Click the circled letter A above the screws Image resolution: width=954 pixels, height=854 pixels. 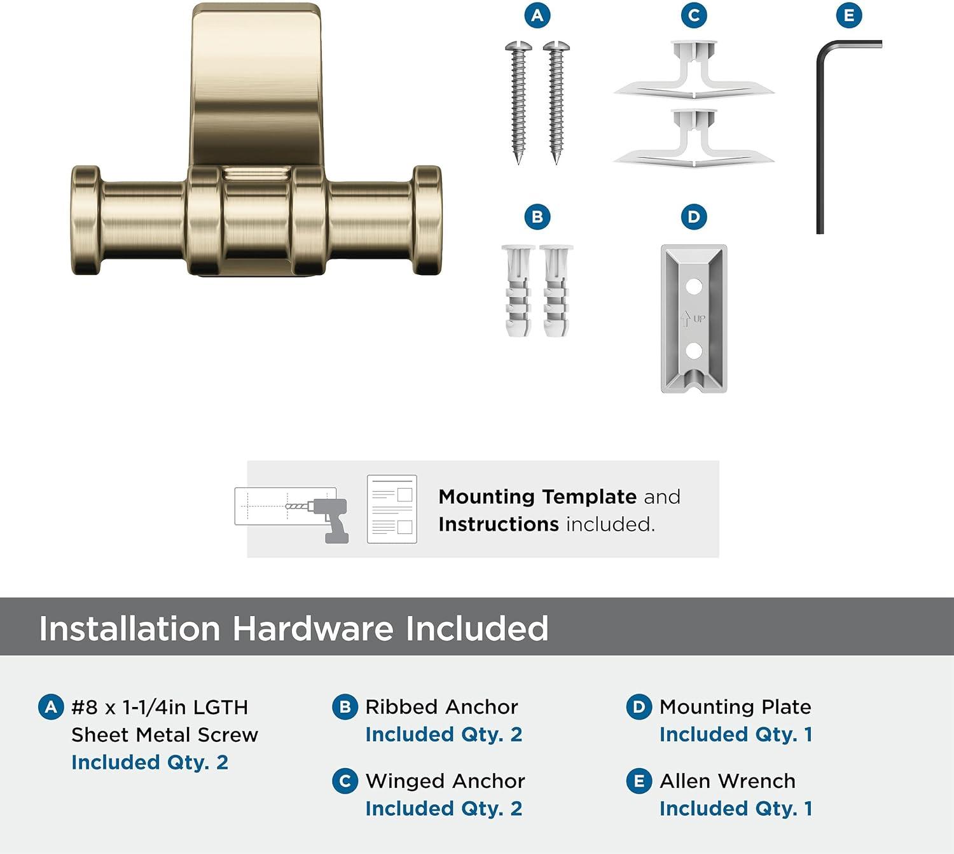537,15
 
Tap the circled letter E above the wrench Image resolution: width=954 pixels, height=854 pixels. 849,15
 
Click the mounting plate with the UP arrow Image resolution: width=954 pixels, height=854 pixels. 694,318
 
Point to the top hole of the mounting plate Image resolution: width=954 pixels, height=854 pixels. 694,286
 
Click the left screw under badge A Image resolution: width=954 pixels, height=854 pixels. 518,102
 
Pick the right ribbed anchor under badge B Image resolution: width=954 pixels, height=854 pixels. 556,290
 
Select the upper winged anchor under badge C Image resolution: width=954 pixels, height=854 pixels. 694,71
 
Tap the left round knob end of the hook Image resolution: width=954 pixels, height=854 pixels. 86,220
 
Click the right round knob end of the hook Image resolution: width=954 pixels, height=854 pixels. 427,220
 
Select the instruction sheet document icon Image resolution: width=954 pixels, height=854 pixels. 392,509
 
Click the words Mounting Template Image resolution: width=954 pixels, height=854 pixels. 537,496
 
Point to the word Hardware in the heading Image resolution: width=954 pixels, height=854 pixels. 313,629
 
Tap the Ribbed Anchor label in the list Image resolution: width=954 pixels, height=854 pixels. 441,706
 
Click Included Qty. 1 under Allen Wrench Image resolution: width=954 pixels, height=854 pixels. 735,808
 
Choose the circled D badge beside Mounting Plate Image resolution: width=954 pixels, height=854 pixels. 639,707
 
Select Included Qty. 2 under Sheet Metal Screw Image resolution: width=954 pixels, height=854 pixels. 149,762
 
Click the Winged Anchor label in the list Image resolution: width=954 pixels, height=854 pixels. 445,781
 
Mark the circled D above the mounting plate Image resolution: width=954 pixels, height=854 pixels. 693,217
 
